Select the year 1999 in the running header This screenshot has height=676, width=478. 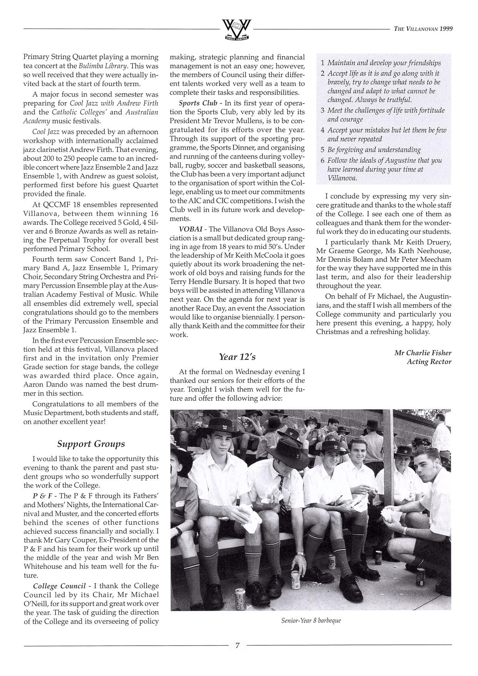click(445, 29)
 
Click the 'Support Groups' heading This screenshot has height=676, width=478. click(91, 444)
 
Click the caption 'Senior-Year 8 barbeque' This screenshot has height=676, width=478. click(311, 621)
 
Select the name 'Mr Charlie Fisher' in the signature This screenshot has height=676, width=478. click(423, 353)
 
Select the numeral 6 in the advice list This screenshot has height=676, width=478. click(323, 160)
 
